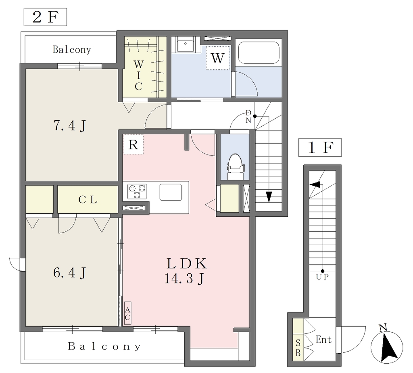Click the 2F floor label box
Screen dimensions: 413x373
45,17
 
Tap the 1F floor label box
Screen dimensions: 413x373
320,147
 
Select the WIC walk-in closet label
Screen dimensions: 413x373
139,75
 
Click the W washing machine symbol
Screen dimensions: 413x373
217,58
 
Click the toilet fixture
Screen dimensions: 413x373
236,167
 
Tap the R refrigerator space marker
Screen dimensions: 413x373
133,145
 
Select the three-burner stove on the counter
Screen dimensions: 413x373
137,191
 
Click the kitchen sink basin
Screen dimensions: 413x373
171,192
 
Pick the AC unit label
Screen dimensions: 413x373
127,313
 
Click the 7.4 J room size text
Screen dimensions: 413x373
70,126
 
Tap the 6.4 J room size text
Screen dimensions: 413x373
70,273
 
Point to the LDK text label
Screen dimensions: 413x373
186,263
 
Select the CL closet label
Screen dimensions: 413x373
88,200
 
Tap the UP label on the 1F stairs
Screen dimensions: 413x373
322,277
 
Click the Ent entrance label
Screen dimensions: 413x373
323,339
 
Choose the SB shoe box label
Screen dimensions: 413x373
298,348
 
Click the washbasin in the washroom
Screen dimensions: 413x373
186,44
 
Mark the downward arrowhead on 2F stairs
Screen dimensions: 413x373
269,197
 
